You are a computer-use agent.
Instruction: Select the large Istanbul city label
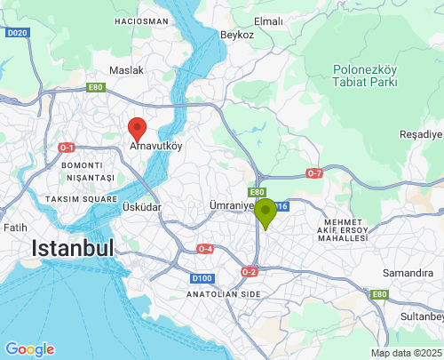(x=73, y=248)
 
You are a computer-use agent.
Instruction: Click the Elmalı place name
(x=267, y=21)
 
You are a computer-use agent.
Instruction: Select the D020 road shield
(x=16, y=32)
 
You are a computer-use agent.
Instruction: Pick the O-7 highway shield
(x=313, y=172)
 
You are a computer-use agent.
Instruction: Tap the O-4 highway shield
(x=205, y=248)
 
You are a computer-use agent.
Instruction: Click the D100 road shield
(x=201, y=278)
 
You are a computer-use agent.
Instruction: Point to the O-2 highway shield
(x=249, y=272)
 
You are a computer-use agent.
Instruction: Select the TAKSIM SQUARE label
(x=82, y=199)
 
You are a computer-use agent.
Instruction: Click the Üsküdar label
(x=141, y=207)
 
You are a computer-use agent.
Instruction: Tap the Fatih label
(x=15, y=228)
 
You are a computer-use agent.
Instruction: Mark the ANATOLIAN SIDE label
(x=223, y=293)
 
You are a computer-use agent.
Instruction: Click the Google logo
(x=29, y=349)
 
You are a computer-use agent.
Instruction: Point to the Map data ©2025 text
(x=406, y=353)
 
